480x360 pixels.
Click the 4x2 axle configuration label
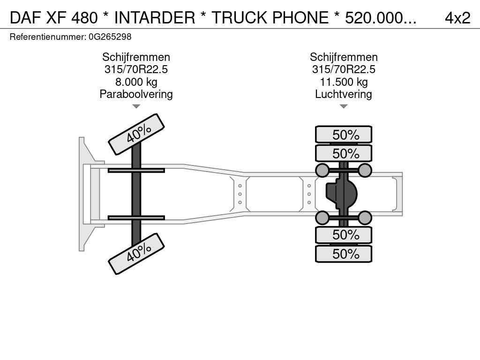pos(457,18)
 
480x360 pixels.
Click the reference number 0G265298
pos(110,37)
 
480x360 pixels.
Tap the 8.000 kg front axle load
pos(136,82)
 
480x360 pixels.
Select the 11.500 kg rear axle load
pos(344,82)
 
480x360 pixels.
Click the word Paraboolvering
pos(136,94)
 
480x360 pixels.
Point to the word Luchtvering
pos(344,94)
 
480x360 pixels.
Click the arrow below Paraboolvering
pos(136,106)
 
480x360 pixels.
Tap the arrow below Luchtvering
pos(344,106)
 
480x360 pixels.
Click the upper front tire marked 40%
pos(136,134)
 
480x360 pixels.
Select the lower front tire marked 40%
pos(136,254)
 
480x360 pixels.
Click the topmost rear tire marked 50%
pos(344,135)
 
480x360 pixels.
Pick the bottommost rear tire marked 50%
pos(344,254)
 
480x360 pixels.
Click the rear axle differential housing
pos(341,194)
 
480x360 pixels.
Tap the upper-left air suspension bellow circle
pos(322,170)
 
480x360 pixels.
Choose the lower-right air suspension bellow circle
pos(365,218)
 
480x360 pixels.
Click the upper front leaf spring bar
pos(136,171)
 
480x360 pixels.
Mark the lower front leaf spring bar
pos(136,217)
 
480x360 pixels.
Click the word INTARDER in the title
pos(155,18)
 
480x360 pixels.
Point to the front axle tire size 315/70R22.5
pos(136,69)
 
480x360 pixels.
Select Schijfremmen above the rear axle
pos(344,57)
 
